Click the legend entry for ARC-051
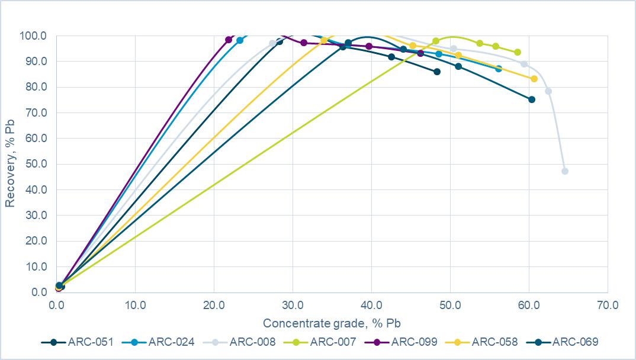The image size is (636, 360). coord(78,342)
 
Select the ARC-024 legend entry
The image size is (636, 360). coord(158,342)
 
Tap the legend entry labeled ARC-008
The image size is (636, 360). coord(239,342)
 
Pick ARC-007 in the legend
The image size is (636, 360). coord(320,342)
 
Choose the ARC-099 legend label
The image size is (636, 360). coord(401,342)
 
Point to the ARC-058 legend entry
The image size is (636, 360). coord(481,342)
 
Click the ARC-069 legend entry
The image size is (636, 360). coord(562,342)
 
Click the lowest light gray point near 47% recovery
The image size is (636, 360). coord(565,171)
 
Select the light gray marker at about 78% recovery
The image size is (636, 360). coord(548,91)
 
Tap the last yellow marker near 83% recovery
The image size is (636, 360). coord(534,79)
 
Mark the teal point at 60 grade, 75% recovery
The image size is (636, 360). coord(532,99)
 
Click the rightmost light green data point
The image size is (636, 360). coord(518,52)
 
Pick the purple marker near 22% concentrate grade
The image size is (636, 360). coord(229,40)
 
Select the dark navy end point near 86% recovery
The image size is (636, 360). coord(437,72)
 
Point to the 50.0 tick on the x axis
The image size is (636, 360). coord(450,305)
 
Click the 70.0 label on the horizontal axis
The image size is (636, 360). coord(608,305)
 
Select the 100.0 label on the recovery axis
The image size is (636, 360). coord(33,36)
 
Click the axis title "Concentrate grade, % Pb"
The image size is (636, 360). coord(332,323)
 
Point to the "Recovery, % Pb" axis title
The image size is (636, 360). coord(9,163)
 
